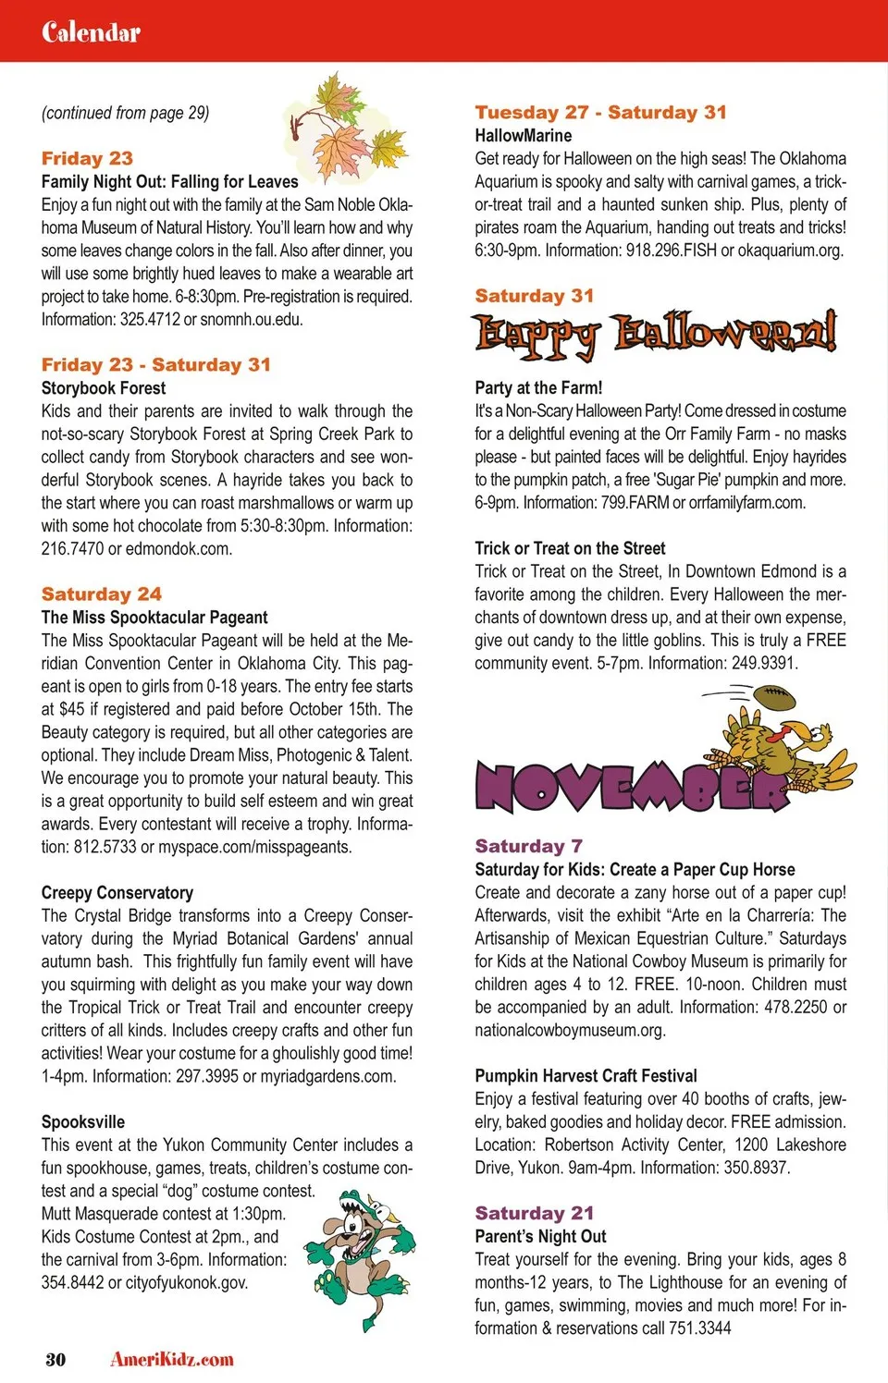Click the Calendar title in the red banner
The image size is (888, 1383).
91,32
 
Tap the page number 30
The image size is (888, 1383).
55,1359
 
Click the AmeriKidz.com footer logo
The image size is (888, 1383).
172,1359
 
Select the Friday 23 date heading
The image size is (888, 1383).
87,158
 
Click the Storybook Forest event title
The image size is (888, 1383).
104,388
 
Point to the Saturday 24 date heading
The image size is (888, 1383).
101,594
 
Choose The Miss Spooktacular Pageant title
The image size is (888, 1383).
154,618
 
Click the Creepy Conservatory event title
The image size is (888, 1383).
117,893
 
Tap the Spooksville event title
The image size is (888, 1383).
83,1121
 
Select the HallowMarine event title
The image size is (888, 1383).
524,136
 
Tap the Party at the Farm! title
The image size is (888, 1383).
538,388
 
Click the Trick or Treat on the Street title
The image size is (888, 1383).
570,548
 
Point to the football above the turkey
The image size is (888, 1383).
775,697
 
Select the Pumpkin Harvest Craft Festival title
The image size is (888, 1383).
586,1076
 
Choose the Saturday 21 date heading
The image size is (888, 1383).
535,1213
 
